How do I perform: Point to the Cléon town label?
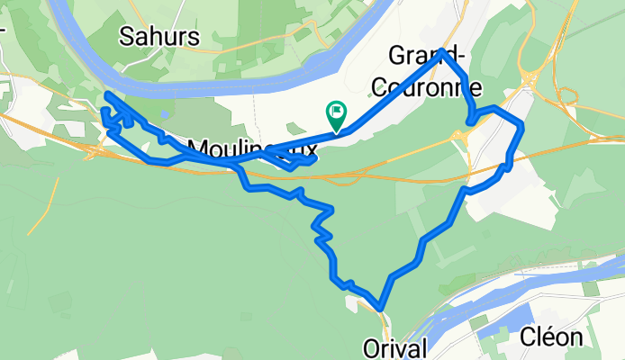pos(557,337)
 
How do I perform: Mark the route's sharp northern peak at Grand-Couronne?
pos(445,52)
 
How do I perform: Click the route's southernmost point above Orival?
pos(381,309)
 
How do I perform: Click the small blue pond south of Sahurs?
pos(167,114)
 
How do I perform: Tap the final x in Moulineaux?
pos(311,148)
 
